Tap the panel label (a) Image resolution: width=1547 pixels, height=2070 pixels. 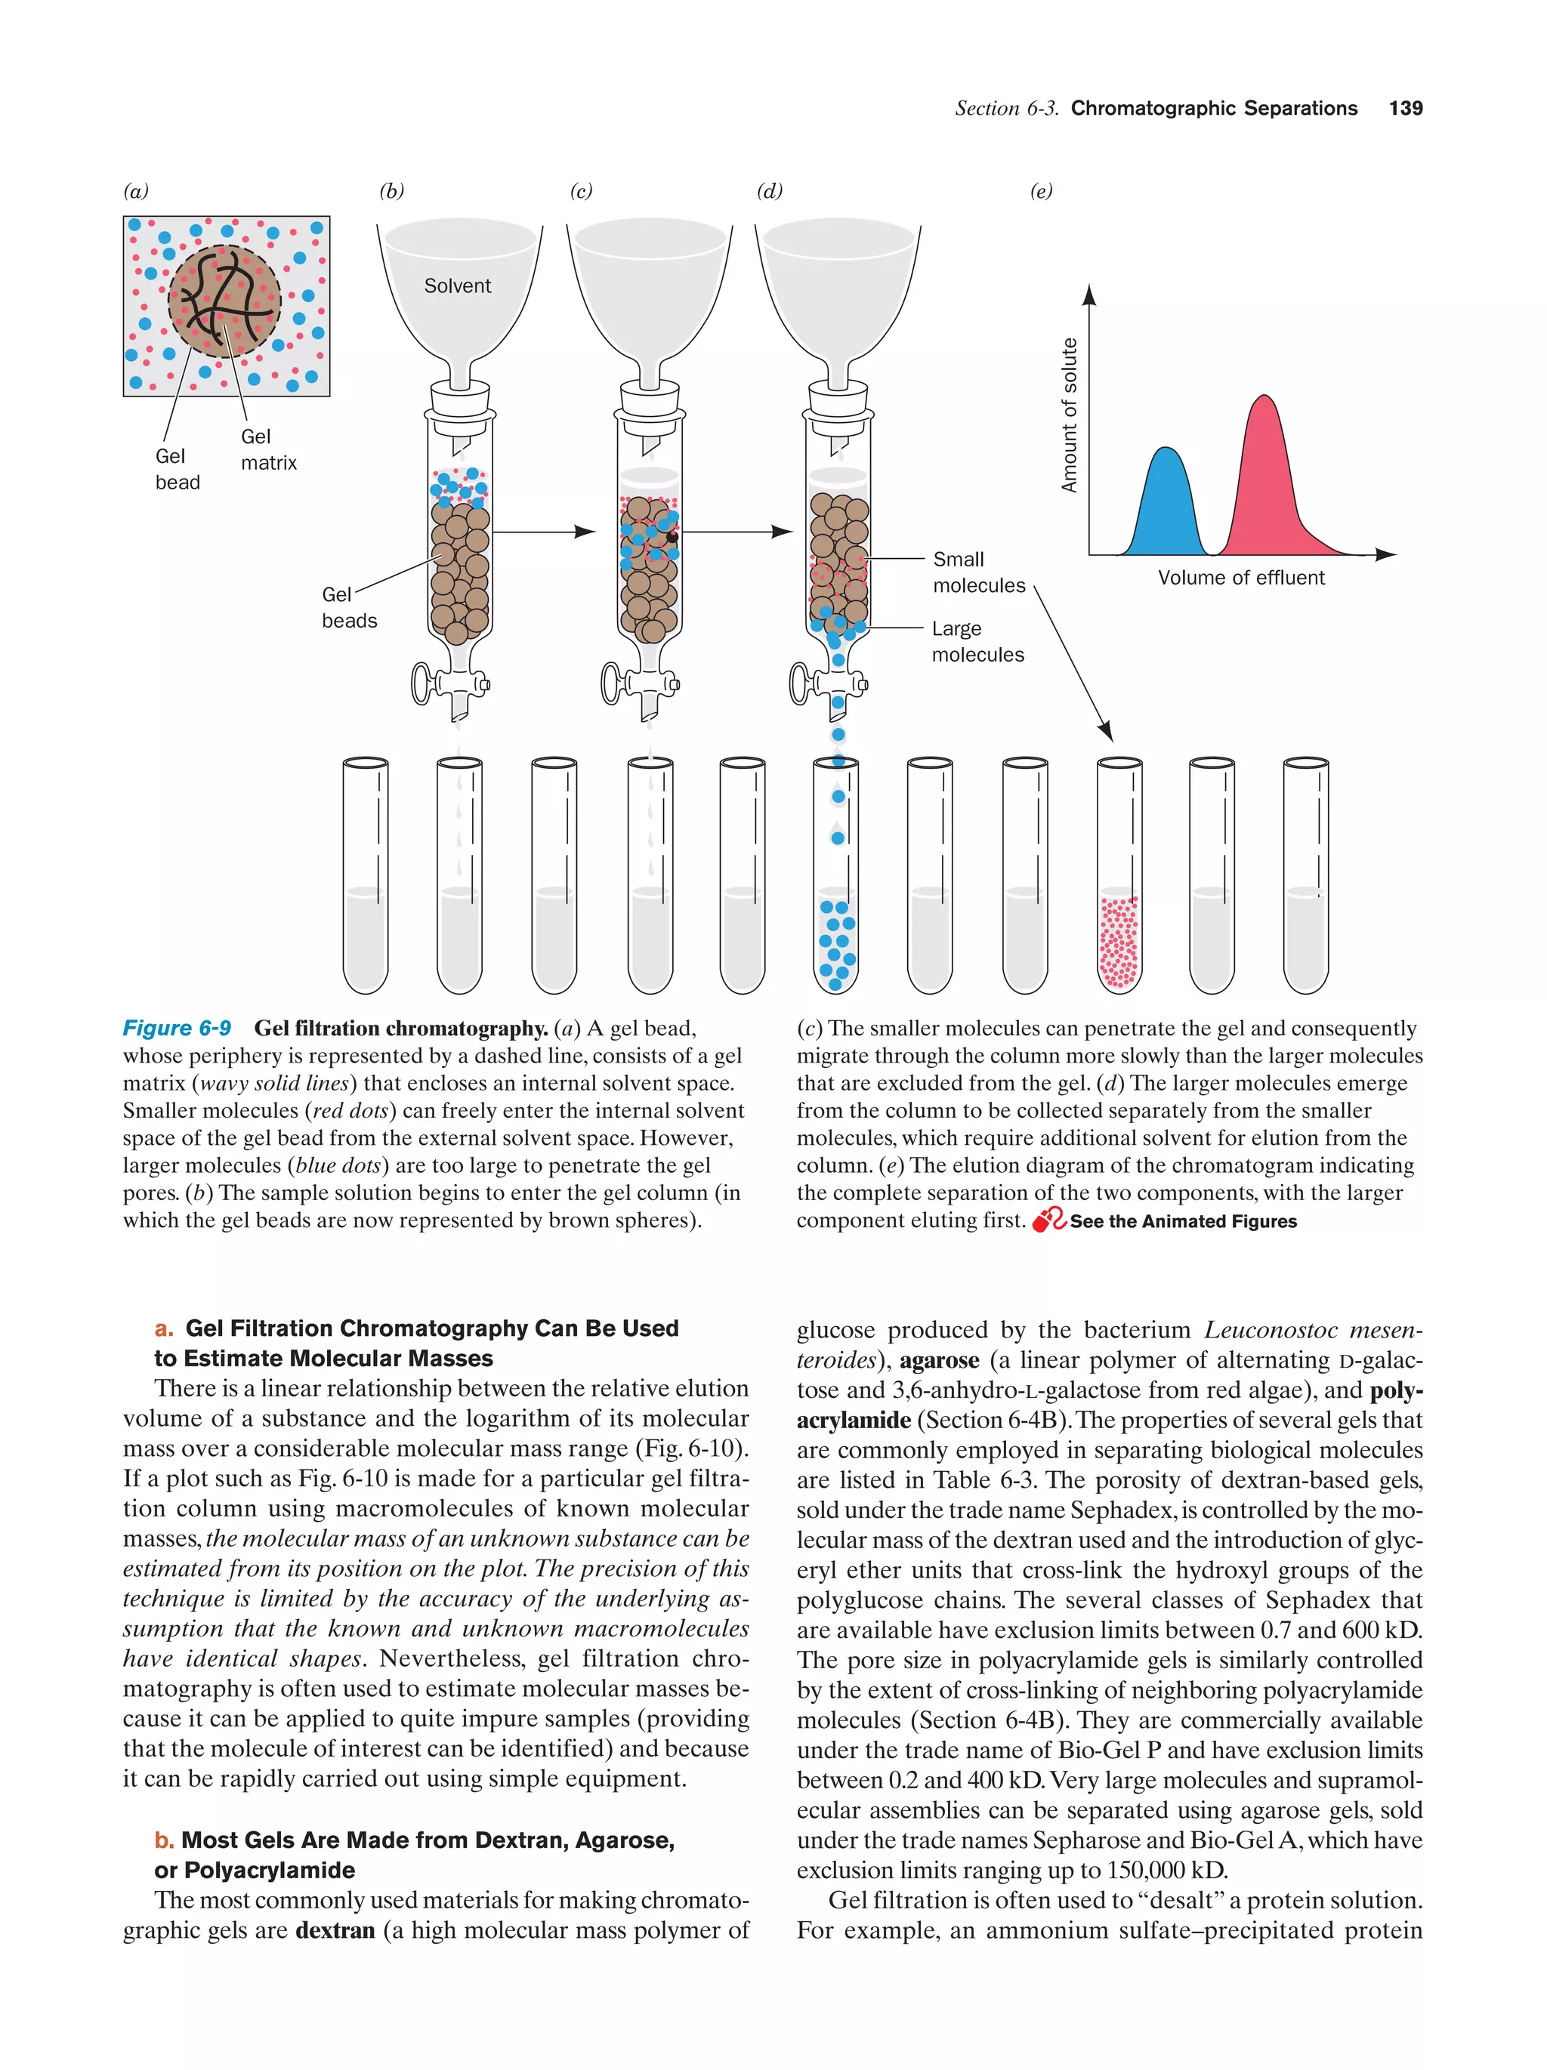click(x=137, y=192)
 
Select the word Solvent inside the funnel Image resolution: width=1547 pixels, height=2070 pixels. click(x=457, y=286)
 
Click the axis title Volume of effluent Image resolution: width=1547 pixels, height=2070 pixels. click(x=1241, y=578)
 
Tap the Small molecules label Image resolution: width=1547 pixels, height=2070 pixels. click(x=978, y=572)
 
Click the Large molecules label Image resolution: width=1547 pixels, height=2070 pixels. click(x=977, y=641)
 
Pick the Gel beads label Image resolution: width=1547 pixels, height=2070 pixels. click(x=348, y=607)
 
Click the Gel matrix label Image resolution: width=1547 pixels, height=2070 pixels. click(x=267, y=449)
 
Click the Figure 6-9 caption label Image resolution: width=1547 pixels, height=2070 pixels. click(x=177, y=1029)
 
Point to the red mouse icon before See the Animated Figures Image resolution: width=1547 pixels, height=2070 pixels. click(x=1048, y=1220)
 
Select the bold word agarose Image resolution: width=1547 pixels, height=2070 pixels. click(x=939, y=1361)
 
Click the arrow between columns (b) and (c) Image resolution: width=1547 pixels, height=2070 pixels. click(x=544, y=532)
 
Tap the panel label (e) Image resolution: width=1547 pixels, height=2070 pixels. click(x=1041, y=192)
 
